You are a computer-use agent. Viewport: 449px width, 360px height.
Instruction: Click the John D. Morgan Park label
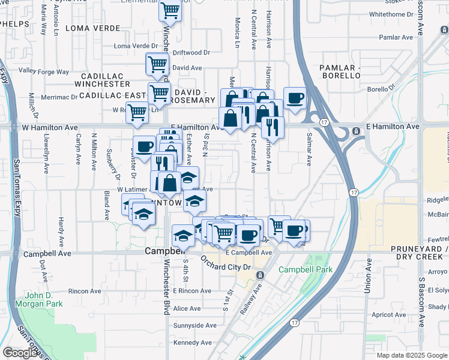[45, 300]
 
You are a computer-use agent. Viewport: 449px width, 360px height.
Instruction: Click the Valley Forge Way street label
[44, 71]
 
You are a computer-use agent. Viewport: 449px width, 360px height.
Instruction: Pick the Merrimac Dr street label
[59, 97]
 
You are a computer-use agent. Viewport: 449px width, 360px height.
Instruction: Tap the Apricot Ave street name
[390, 314]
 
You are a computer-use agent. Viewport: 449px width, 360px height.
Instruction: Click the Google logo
[20, 352]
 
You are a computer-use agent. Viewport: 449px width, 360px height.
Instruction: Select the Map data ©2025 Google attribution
[412, 355]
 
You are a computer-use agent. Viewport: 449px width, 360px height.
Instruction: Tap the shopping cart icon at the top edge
[170, 10]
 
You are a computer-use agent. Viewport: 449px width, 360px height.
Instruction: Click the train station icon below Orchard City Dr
[260, 275]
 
